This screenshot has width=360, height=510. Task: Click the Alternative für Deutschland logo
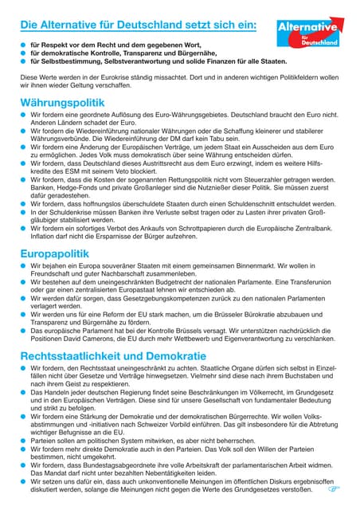(x=308, y=33)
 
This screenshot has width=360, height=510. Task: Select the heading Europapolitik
(x=61, y=253)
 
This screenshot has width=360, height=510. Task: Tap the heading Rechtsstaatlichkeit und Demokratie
(x=113, y=355)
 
